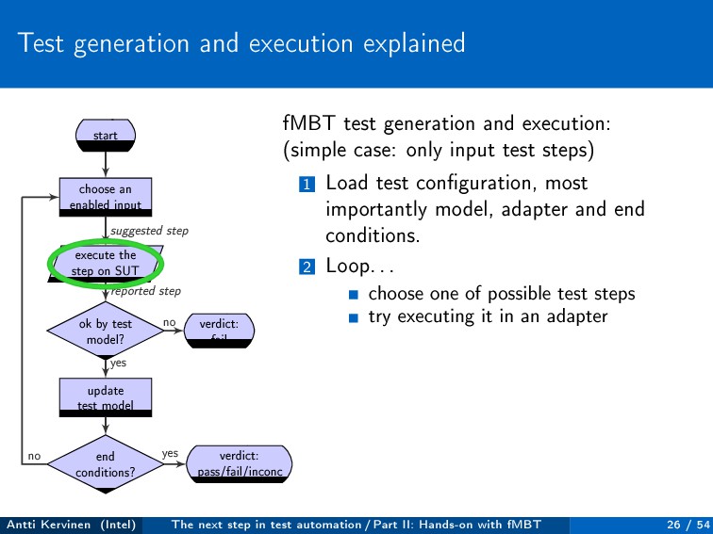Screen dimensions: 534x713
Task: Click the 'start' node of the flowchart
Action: (x=106, y=136)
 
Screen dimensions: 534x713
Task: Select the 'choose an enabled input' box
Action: (x=106, y=196)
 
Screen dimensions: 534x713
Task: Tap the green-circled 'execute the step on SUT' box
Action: (x=106, y=263)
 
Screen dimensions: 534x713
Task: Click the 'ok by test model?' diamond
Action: (x=106, y=331)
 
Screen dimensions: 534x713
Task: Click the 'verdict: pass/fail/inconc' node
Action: (x=240, y=463)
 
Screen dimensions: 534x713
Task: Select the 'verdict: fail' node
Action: (x=220, y=330)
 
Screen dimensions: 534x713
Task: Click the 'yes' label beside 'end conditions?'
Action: (x=170, y=453)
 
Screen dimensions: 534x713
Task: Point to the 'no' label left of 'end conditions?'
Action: (x=34, y=456)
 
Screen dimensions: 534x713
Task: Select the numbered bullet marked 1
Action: (x=306, y=184)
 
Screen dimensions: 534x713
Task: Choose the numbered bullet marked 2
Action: (x=306, y=267)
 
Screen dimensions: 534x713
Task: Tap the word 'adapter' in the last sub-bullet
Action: (x=576, y=316)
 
